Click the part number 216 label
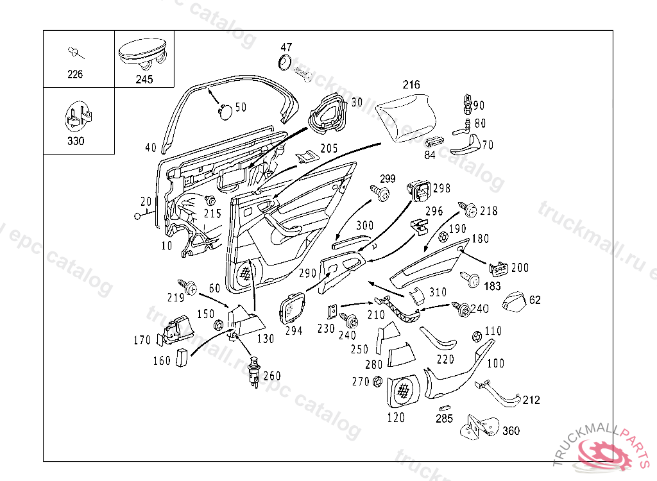click(x=411, y=85)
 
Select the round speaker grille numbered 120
click(x=404, y=391)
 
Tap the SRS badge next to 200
click(x=499, y=268)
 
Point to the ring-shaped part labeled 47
click(x=284, y=62)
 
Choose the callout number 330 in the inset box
click(x=76, y=141)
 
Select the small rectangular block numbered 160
click(x=183, y=357)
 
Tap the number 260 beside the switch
click(x=272, y=376)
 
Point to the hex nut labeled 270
click(x=377, y=382)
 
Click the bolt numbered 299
click(x=381, y=192)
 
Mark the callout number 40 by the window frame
click(x=151, y=148)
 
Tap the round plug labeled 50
click(x=224, y=110)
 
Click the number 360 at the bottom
click(x=511, y=430)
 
